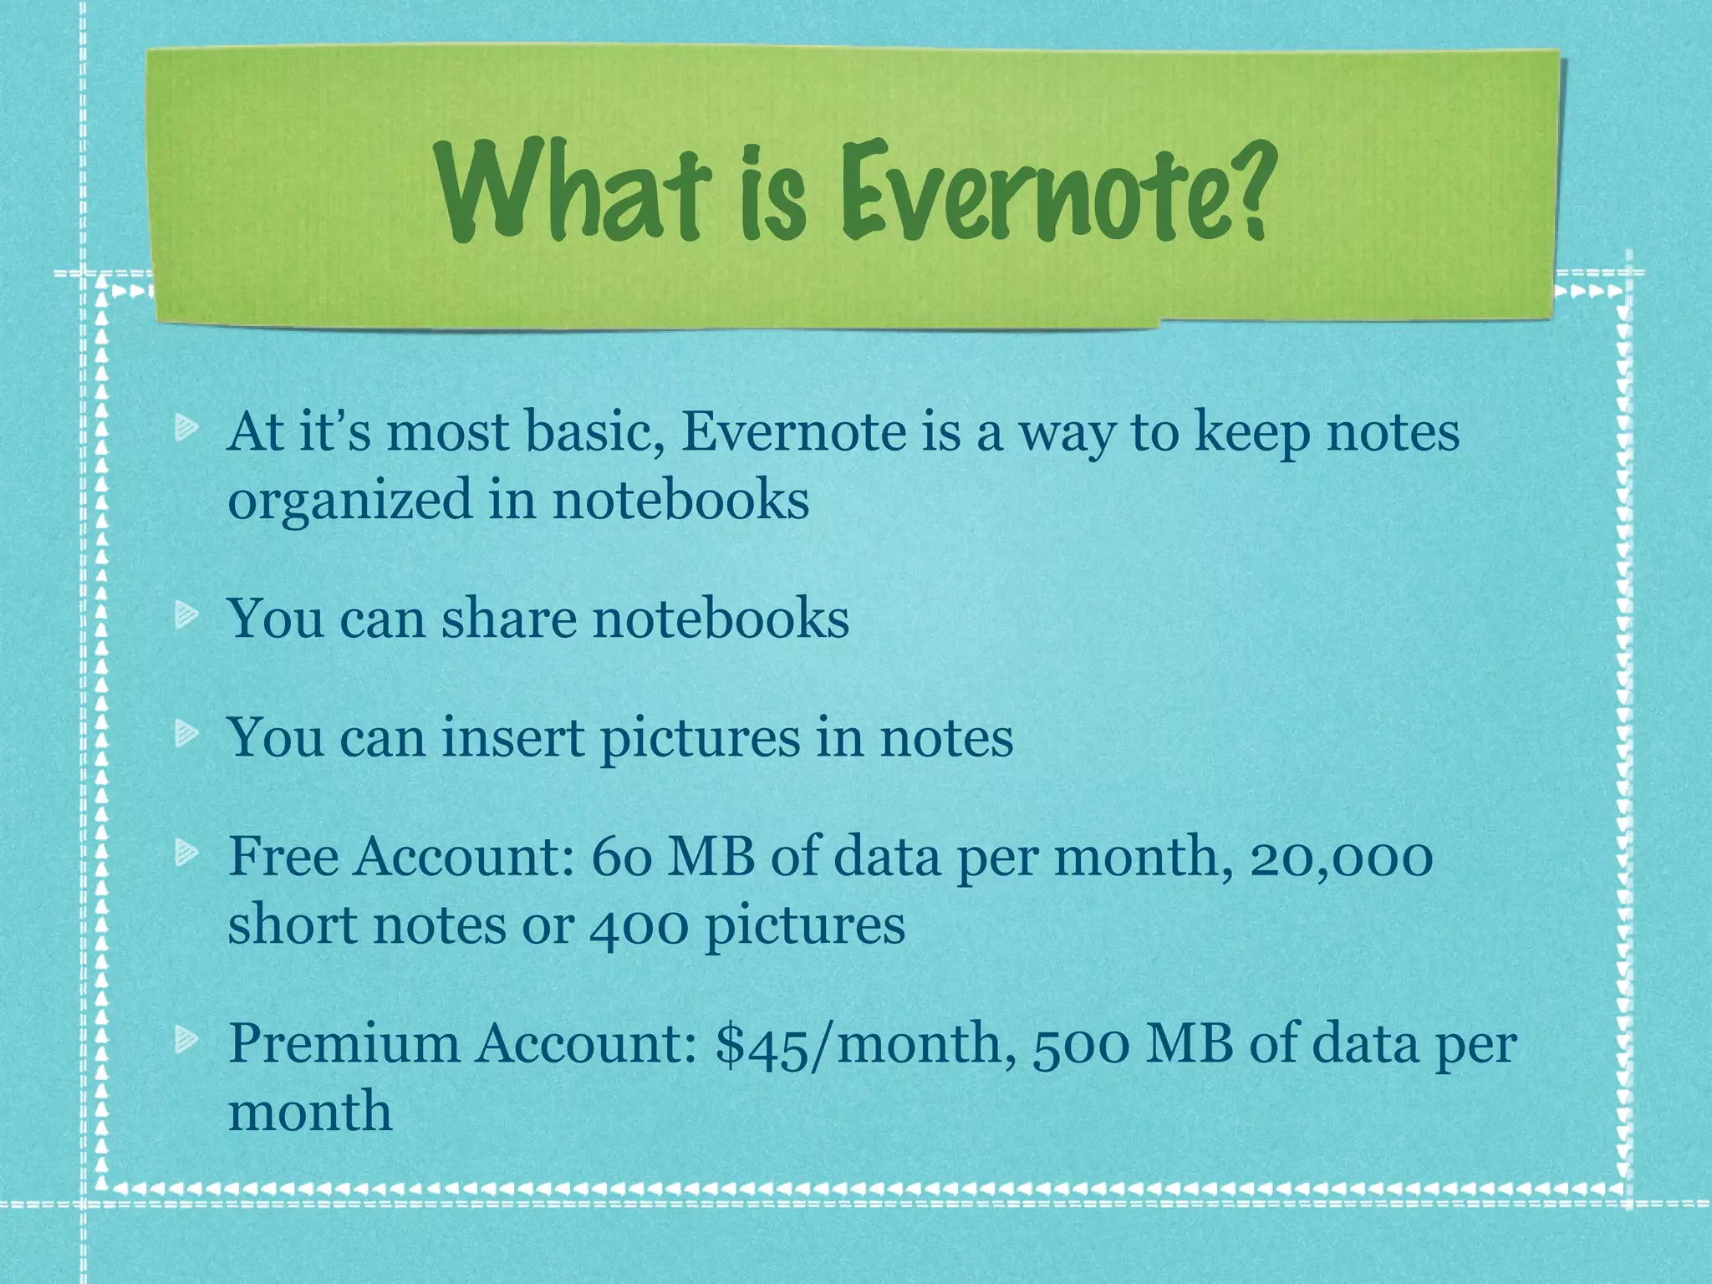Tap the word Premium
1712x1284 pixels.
pyautogui.click(x=343, y=1043)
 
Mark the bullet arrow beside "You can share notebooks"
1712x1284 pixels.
pyautogui.click(x=186, y=617)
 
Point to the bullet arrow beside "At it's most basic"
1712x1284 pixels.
pyautogui.click(x=186, y=430)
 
